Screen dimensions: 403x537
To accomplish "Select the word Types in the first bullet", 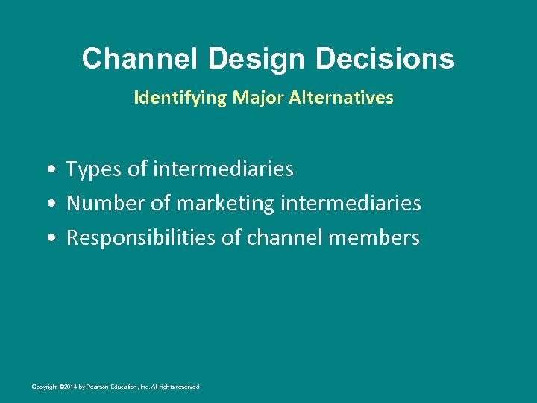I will [x=94, y=169].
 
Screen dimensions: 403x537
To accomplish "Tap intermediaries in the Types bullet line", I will [x=223, y=169].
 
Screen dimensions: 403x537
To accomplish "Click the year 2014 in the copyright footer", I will [x=70, y=387].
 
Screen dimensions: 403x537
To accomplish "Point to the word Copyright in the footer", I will [x=45, y=387].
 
